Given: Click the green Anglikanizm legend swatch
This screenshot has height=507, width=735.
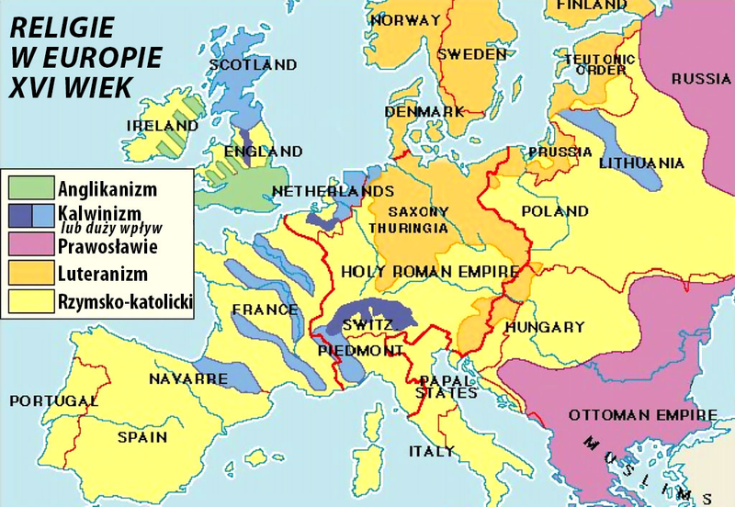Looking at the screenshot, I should pos(30,190).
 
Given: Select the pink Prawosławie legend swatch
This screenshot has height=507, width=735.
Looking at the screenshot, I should pos(30,245).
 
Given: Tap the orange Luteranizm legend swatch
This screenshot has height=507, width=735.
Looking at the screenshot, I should pos(30,273).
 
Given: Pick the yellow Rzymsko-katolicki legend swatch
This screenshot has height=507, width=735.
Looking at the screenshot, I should pos(30,300).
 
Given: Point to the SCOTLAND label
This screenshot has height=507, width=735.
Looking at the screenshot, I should pos(253,65).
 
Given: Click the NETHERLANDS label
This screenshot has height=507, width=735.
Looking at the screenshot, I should pos(320,191).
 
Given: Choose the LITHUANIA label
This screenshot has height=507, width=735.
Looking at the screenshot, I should pos(641,163).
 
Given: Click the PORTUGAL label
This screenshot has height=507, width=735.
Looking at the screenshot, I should pos(51,401).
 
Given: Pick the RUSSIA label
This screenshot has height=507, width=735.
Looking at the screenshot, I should pos(701,80).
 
